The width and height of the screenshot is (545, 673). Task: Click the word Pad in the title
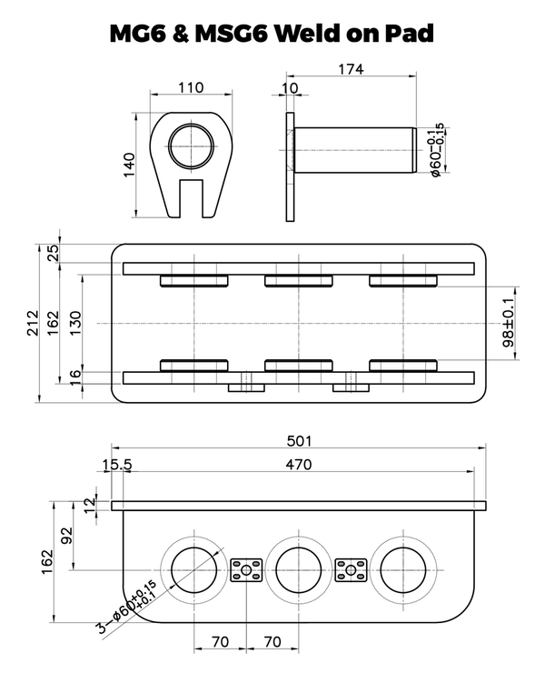(x=402, y=34)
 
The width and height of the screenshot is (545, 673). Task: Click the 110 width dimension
(x=190, y=87)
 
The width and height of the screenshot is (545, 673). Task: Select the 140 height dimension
(x=130, y=166)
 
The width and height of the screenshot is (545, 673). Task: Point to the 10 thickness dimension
(x=290, y=87)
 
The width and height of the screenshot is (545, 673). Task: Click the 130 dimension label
(x=76, y=320)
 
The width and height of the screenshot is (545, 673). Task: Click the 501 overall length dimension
(x=298, y=441)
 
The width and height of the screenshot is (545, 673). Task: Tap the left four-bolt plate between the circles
(x=246, y=570)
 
